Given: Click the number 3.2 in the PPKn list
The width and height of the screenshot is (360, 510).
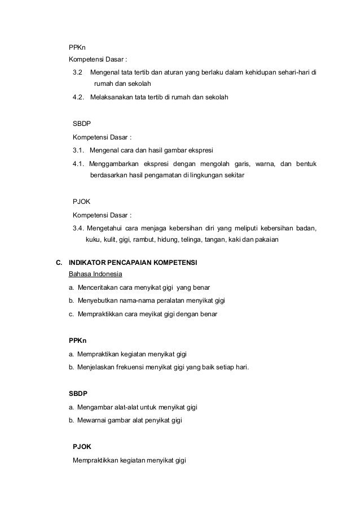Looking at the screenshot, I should click(x=78, y=73).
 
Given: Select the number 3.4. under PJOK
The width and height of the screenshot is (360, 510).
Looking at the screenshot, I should click(x=80, y=228).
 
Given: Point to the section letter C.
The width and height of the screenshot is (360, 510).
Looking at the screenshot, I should click(x=58, y=263).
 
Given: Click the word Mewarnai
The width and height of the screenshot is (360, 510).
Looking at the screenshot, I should click(x=94, y=420).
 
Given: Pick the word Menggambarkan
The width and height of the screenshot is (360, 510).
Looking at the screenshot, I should click(x=115, y=164).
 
